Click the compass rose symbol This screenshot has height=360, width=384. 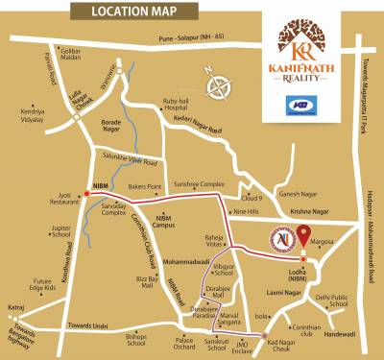point(224,84)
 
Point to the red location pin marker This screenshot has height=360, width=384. point(304,235)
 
